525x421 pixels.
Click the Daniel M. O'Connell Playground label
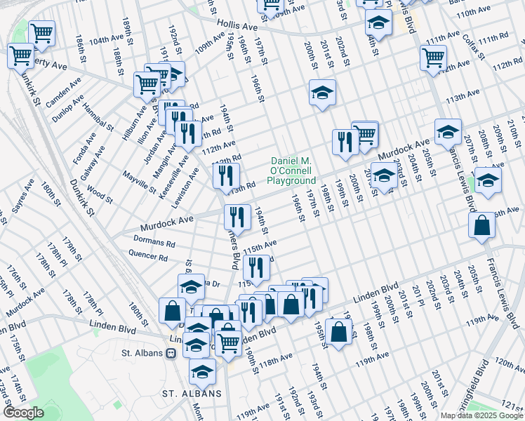[291, 171]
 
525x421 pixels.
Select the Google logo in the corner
[24, 413]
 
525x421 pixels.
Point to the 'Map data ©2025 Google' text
[481, 415]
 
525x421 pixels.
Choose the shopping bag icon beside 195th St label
[338, 332]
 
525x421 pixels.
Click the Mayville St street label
[139, 179]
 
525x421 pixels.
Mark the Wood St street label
[100, 194]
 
